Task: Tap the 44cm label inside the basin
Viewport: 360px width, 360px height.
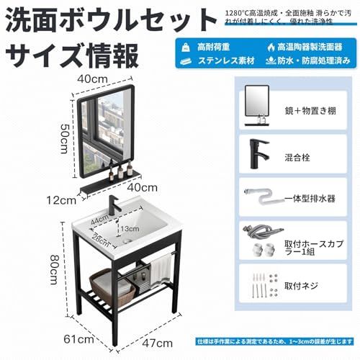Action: tap(100, 217)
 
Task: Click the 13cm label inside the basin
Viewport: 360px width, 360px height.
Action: tap(129, 228)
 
